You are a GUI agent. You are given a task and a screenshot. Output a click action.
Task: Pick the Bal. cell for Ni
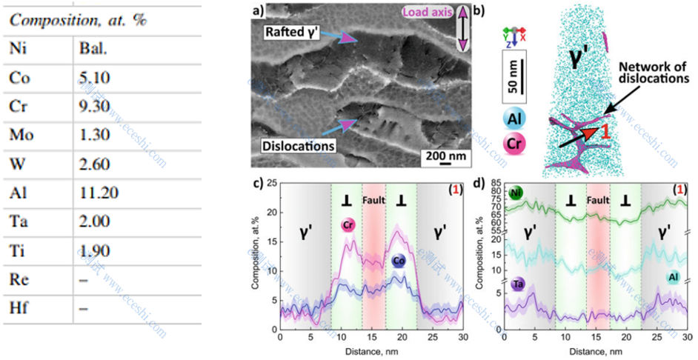(93, 47)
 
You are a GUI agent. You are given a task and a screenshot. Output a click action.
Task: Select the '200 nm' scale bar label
(445, 156)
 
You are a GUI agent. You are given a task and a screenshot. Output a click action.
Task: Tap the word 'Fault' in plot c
(374, 200)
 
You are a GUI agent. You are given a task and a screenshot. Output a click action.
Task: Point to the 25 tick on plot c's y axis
(272, 183)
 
